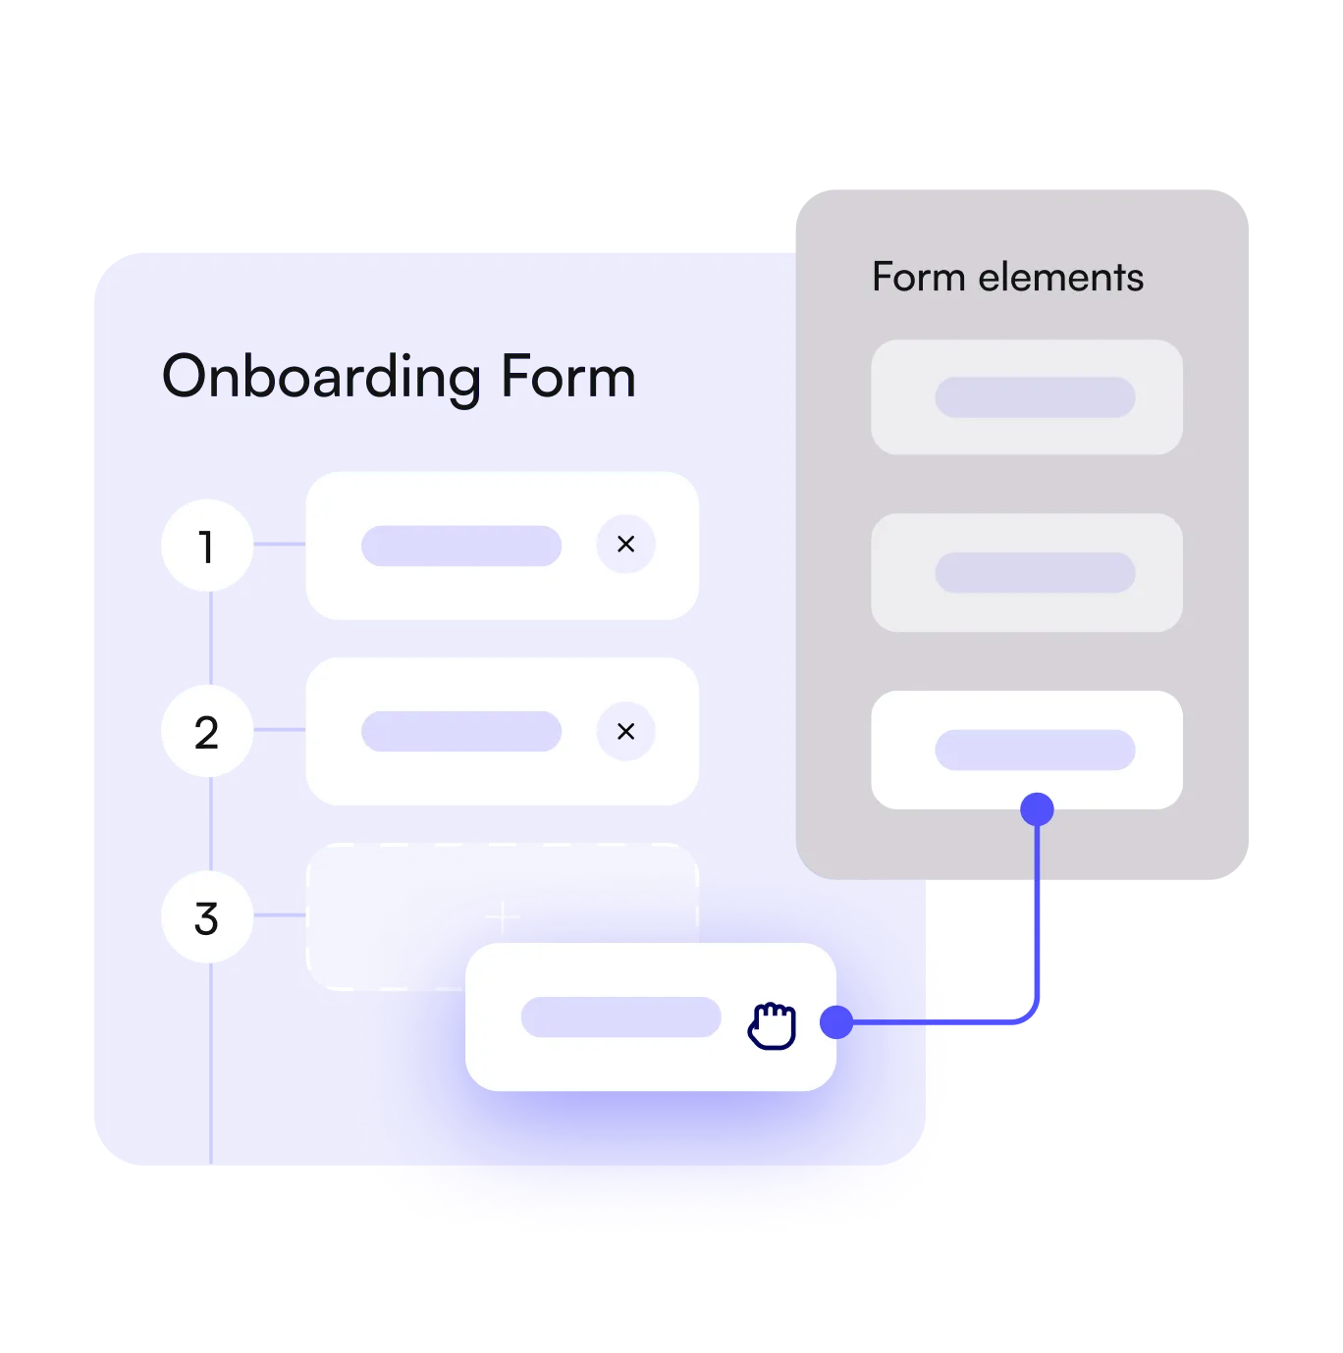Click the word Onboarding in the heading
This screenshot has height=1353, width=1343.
321,378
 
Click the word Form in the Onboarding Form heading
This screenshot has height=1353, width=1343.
567,377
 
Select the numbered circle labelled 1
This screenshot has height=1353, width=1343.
207,546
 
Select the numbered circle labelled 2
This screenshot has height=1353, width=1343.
207,732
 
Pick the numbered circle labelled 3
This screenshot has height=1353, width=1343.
207,917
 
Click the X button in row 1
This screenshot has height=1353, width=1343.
625,544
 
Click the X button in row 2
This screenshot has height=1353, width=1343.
625,731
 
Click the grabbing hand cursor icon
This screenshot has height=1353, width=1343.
773,1025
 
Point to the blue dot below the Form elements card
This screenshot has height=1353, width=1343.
1037,809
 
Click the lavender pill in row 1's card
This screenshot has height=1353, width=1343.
461,546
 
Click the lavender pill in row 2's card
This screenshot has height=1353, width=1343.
461,732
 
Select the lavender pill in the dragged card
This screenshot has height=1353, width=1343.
620,1017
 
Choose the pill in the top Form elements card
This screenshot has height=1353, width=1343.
1035,397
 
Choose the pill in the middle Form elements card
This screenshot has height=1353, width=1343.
1035,572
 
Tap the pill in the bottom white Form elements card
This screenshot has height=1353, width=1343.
1035,750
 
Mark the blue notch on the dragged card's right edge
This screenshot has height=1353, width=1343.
829,1021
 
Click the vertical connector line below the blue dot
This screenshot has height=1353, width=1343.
1037,912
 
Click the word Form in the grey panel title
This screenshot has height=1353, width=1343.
919,278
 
